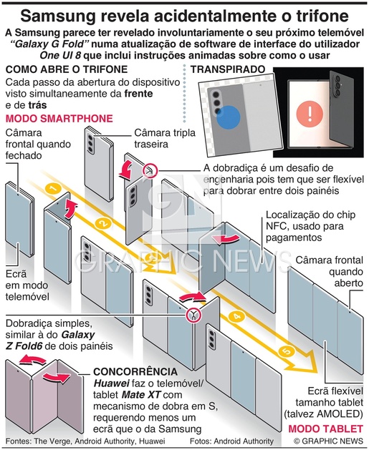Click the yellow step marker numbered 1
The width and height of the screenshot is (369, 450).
[x=53, y=189]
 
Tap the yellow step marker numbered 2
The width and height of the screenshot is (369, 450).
[x=103, y=223]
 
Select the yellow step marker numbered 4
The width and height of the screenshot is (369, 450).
[x=236, y=316]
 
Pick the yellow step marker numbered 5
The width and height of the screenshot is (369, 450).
[x=286, y=351]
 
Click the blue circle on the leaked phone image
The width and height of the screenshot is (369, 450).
[x=228, y=117]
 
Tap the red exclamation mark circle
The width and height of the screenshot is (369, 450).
[x=310, y=114]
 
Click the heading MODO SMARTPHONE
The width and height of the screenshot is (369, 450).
[x=59, y=119]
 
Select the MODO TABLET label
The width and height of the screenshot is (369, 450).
[x=325, y=429]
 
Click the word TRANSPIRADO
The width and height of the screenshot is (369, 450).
[x=228, y=69]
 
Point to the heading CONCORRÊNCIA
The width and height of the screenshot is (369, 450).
[x=135, y=371]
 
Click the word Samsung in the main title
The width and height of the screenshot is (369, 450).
[x=58, y=16]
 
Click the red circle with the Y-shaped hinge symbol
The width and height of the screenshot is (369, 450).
[x=193, y=315]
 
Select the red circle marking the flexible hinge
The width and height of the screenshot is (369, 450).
[x=150, y=170]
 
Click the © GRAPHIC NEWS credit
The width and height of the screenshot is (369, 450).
[x=328, y=441]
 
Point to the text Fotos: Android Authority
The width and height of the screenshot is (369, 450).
[x=231, y=441]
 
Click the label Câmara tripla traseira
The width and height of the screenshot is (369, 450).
[x=165, y=138]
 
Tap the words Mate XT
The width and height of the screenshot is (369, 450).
[x=141, y=395]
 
